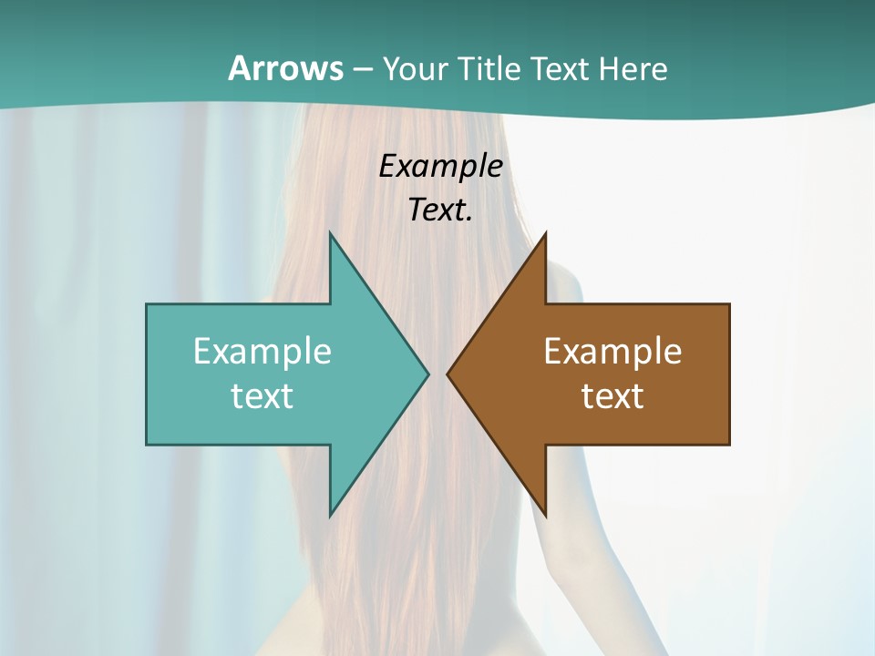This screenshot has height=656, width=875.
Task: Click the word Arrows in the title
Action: coord(285,68)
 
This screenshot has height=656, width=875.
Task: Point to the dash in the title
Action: coord(362,70)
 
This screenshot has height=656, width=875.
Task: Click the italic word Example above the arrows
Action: coord(441,166)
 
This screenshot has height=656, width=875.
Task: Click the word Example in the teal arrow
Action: coord(262,351)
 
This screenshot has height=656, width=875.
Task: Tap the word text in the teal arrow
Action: coord(262,395)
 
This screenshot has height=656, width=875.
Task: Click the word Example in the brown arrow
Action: coord(612,351)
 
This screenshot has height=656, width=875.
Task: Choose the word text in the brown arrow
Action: coord(612,395)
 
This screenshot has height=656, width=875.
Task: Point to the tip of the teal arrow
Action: coord(427,374)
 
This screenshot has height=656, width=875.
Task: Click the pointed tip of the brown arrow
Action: coord(448,374)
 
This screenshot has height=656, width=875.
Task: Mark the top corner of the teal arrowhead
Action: coord(330,233)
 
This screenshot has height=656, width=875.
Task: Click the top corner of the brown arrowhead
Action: coord(545,233)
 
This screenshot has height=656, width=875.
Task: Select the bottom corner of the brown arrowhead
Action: coord(545,516)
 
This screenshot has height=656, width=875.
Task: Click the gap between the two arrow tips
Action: coord(437,374)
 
